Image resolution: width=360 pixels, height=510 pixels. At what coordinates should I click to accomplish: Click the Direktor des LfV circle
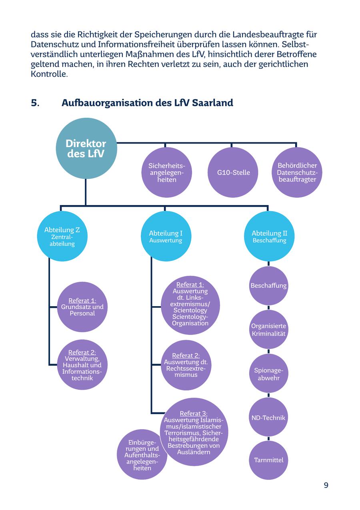(86, 148)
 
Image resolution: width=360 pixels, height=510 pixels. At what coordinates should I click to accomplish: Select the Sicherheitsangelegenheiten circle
(167, 172)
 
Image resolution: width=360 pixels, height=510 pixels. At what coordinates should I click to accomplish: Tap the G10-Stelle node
(233, 172)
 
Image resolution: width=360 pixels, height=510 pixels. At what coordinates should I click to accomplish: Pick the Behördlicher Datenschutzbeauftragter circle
(297, 172)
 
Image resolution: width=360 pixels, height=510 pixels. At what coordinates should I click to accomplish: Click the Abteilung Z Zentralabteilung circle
(62, 236)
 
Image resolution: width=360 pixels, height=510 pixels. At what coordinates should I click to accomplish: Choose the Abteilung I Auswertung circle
(166, 236)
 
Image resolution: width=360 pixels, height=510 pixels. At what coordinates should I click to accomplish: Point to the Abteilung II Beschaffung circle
(269, 236)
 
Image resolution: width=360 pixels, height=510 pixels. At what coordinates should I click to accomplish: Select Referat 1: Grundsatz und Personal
(82, 307)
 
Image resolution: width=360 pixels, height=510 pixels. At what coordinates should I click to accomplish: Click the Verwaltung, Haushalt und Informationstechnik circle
(82, 365)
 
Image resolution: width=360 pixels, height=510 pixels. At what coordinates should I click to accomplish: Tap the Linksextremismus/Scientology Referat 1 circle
(190, 305)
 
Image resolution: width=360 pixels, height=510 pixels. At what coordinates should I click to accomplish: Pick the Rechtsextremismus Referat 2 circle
(186, 365)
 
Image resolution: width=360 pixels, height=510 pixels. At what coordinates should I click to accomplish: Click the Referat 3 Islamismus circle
(194, 432)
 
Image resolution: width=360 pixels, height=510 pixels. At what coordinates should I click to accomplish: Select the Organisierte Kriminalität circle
(268, 330)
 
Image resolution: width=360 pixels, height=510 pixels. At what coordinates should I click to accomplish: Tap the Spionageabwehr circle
(268, 374)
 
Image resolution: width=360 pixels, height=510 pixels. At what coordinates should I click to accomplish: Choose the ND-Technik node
(268, 417)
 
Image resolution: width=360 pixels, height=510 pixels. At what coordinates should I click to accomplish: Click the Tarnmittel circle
(268, 460)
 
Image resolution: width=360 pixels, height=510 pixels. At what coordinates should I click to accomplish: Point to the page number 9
(326, 485)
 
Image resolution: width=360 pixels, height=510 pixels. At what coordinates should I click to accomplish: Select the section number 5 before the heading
(35, 103)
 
